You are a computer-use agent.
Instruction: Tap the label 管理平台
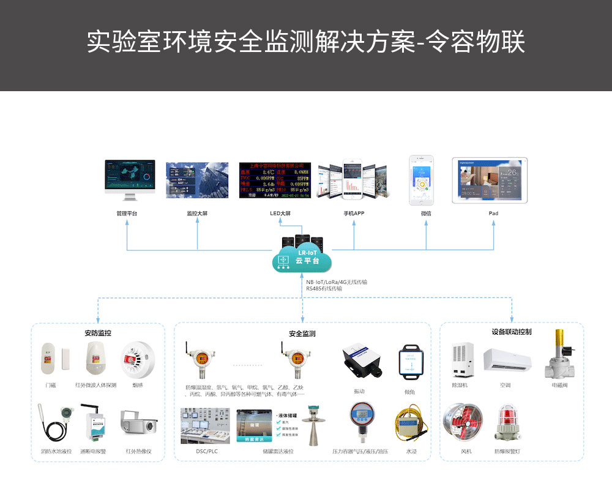[127, 214]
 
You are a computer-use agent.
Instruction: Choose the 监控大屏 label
[197, 214]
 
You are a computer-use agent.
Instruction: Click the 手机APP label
[354, 214]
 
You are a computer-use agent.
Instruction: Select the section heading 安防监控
[98, 333]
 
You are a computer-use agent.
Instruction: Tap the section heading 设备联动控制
[512, 332]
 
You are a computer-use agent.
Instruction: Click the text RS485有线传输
[324, 288]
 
